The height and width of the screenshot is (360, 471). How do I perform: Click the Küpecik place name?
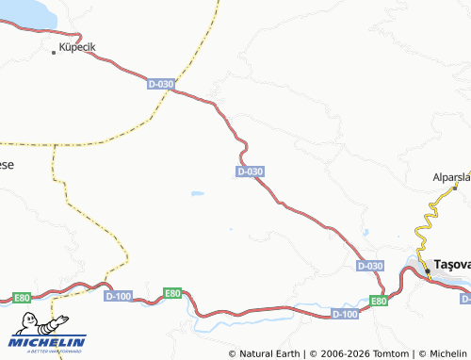78,45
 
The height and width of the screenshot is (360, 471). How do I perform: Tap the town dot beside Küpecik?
54,52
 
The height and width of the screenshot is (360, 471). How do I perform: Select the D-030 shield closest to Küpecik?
161,84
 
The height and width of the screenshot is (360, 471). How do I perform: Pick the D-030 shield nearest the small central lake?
250,172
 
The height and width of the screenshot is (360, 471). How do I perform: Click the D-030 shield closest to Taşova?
371,267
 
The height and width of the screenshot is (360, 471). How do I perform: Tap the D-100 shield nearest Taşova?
346,313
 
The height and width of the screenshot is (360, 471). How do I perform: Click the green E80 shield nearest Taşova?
378,301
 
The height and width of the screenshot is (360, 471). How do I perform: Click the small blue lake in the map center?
197,194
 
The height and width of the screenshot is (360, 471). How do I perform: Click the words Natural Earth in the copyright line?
269,353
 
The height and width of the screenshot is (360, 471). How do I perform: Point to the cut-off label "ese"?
6,164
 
